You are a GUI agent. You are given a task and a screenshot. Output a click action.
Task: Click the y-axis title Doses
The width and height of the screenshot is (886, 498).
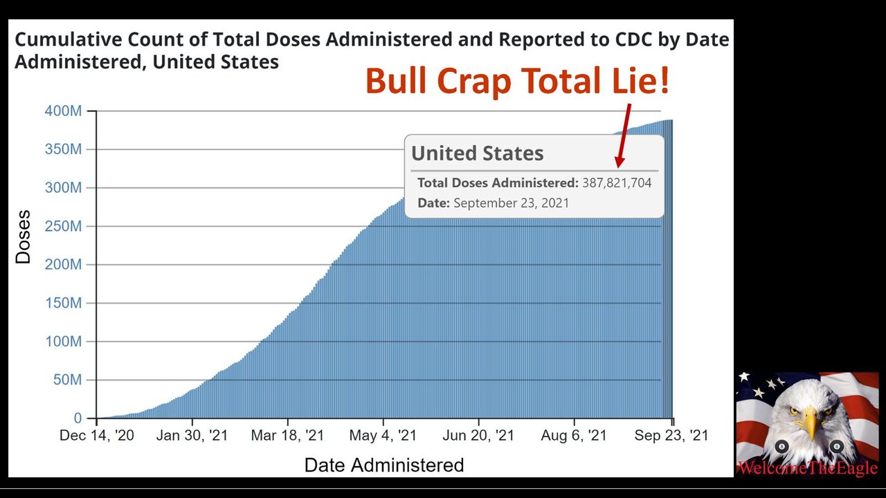(24, 237)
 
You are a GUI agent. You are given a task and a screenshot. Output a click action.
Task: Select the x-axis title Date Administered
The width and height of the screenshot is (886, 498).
(384, 465)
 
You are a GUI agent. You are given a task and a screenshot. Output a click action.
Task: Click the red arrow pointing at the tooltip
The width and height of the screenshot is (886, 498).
(624, 135)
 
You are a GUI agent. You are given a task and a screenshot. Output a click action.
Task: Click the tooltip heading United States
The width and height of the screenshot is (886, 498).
(478, 154)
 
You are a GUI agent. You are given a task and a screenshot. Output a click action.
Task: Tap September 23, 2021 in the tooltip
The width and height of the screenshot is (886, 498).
(511, 203)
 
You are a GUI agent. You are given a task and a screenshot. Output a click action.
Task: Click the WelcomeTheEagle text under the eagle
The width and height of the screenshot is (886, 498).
(807, 468)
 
